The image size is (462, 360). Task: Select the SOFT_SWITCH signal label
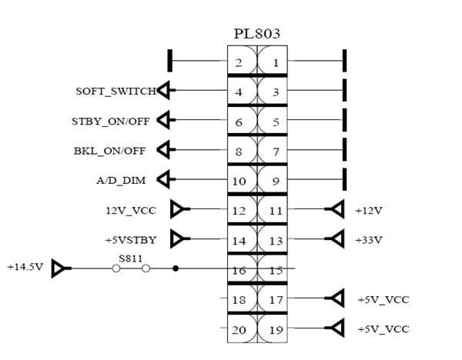[x=115, y=92]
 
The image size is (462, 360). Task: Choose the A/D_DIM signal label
[x=124, y=180]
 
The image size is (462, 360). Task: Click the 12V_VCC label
[x=130, y=209]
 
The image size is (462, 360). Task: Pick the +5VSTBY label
[x=130, y=240]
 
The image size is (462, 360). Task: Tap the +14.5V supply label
[x=23, y=268]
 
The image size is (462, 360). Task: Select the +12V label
[x=369, y=209]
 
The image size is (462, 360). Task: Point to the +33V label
[x=369, y=240]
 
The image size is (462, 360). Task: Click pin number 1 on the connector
[x=276, y=62]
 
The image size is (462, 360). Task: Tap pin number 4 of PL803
[x=239, y=92]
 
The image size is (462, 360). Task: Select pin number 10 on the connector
[x=239, y=182]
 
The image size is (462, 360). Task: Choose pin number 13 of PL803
[x=276, y=241]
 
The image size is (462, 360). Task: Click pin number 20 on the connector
[x=239, y=330]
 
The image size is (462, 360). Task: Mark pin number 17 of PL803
[x=276, y=300]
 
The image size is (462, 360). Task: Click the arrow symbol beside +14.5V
[x=59, y=269]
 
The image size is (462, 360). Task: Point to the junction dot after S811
[x=176, y=269]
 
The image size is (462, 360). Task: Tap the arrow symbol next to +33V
[x=335, y=240]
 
